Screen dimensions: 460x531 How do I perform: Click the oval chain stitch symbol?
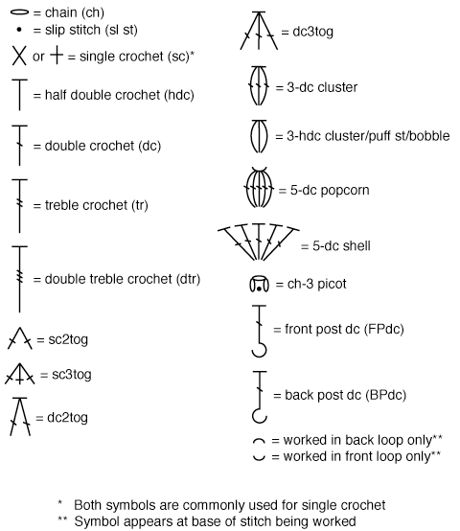(x=19, y=12)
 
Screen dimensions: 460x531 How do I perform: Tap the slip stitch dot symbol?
(x=19, y=30)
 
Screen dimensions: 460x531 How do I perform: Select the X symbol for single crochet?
(x=19, y=56)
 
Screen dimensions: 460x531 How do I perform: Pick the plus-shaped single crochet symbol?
(x=57, y=56)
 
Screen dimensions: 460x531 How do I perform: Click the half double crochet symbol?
(x=19, y=95)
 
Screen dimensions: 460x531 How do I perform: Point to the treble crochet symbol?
(x=19, y=206)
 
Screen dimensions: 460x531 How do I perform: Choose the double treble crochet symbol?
(x=19, y=279)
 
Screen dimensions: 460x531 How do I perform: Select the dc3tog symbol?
(x=259, y=32)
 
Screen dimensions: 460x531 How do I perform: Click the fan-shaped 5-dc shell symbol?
(x=259, y=242)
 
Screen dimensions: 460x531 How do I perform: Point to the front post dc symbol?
(x=260, y=331)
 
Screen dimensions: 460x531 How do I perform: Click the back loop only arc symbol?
(x=259, y=440)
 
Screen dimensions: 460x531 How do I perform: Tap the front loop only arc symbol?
(x=259, y=459)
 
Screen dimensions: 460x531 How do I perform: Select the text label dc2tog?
(x=67, y=418)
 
